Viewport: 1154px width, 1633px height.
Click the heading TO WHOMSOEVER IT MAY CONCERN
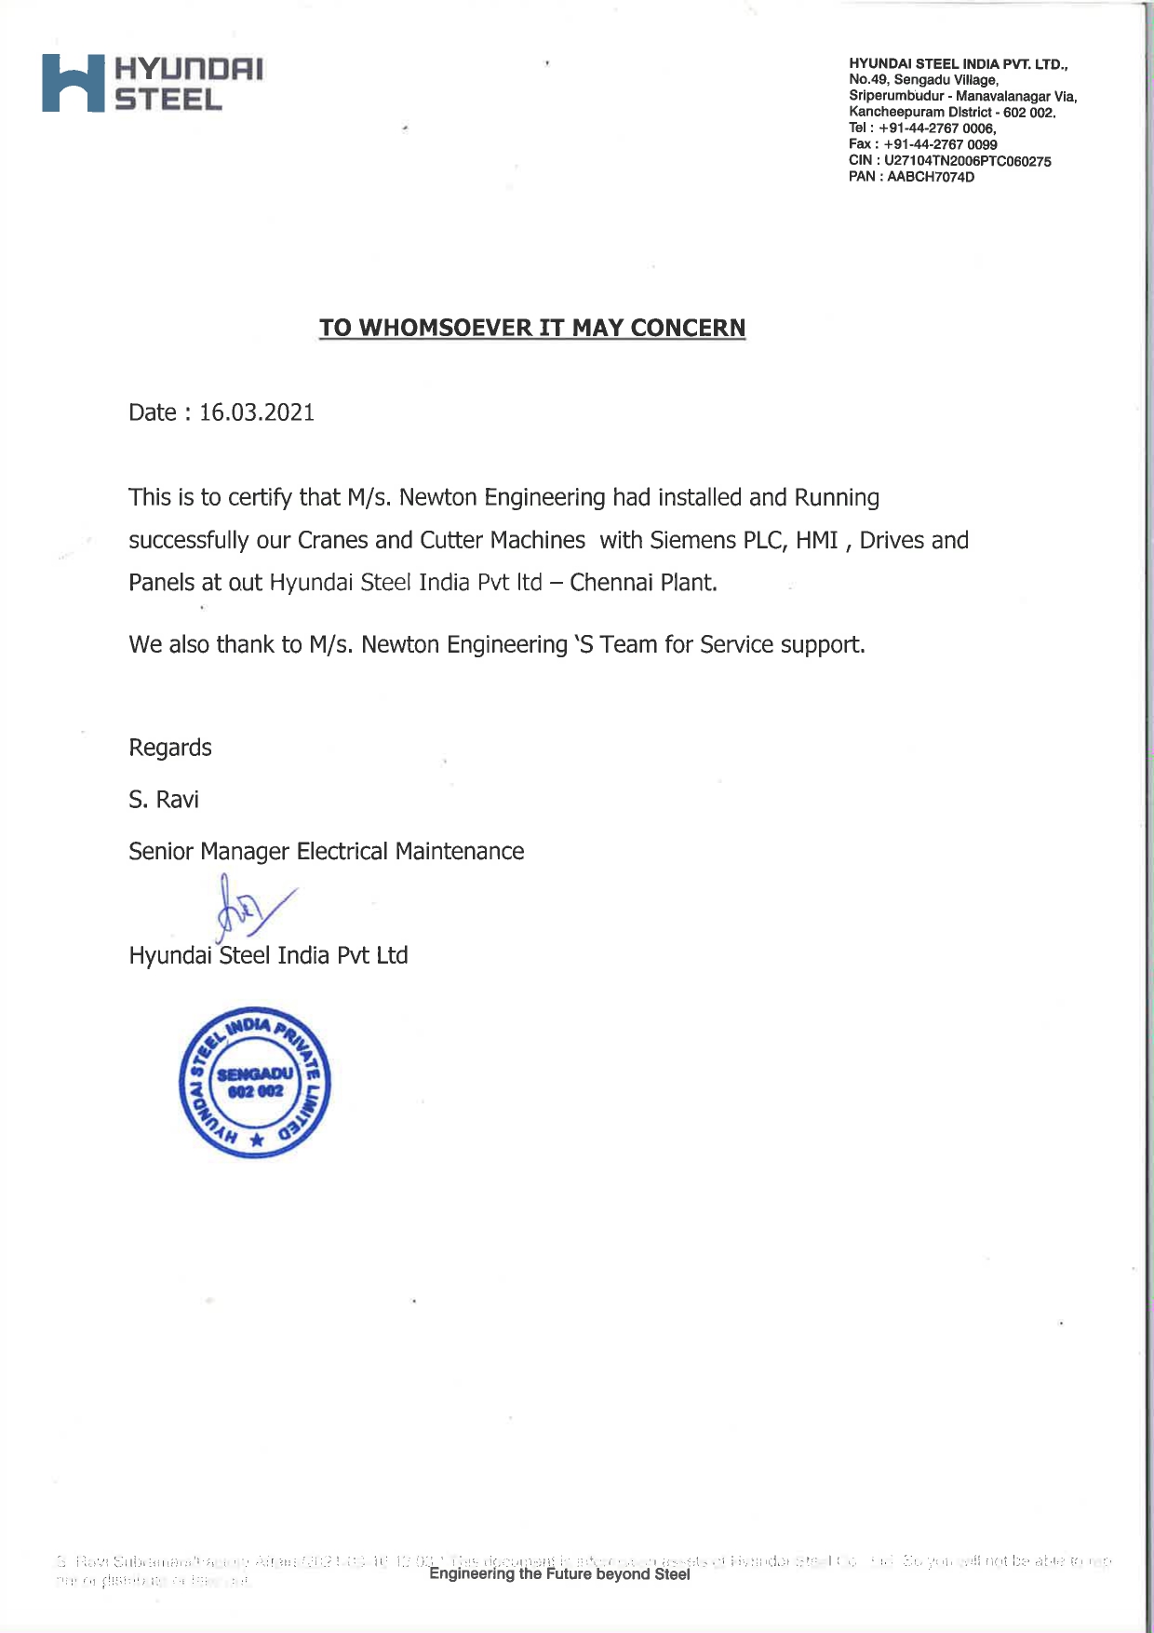coord(532,328)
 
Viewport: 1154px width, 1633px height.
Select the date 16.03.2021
coord(257,412)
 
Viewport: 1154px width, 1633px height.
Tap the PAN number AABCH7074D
coord(931,177)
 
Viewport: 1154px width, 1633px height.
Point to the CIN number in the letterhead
coord(967,161)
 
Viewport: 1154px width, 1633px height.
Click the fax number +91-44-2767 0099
coord(940,144)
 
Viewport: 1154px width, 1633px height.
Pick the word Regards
coord(170,748)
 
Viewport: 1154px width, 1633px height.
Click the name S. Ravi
coord(164,800)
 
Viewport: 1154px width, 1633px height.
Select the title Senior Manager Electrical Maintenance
coord(327,851)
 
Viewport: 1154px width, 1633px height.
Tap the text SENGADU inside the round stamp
coord(254,1074)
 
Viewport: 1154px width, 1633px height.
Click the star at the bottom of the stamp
coord(258,1140)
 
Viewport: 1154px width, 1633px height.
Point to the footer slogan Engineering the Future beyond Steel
coord(559,1573)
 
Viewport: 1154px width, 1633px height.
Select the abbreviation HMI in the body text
coord(817,540)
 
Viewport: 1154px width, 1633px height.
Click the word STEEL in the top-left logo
coord(168,100)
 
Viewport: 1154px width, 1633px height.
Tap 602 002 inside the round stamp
coord(255,1091)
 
